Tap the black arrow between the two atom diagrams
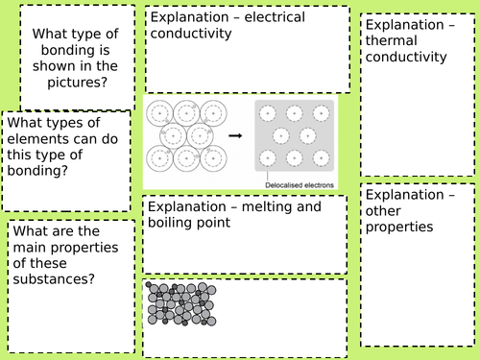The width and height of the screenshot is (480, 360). click(x=234, y=136)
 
